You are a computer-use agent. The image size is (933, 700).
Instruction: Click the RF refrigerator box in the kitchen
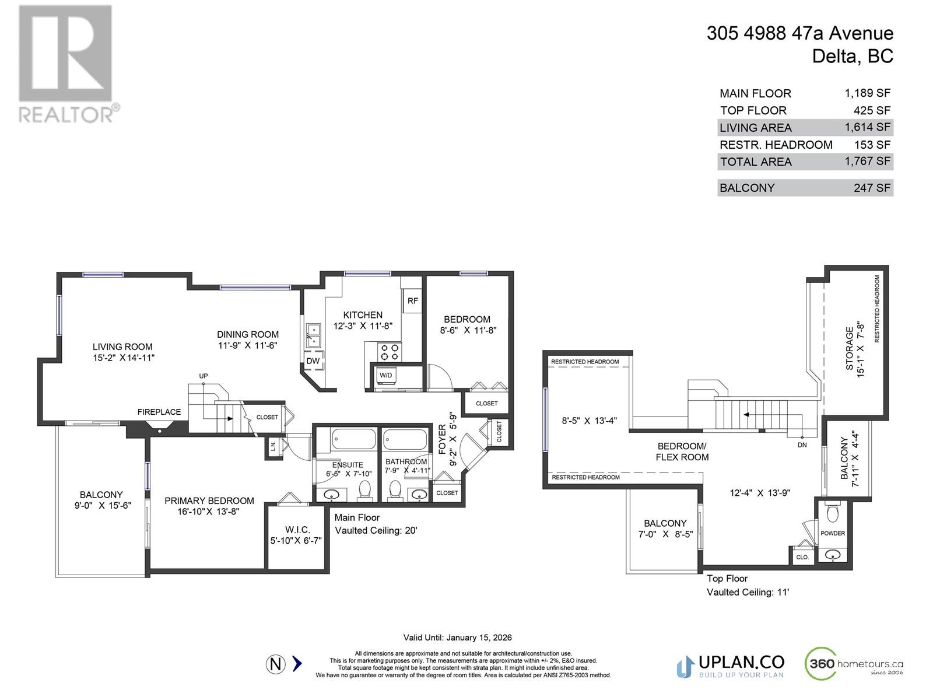coord(412,301)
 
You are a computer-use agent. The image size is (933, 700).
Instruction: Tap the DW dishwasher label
coord(313,360)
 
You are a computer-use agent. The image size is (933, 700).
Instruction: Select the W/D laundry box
coord(385,375)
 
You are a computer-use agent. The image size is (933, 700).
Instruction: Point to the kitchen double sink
coord(313,335)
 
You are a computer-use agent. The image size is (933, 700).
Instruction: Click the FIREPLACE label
coord(159,412)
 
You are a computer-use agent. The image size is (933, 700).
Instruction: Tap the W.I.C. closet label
coord(297,529)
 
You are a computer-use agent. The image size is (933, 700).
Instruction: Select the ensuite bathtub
coord(353,439)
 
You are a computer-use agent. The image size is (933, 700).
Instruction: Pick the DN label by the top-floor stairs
coord(802,444)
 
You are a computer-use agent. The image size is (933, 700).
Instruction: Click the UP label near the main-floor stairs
coord(204,376)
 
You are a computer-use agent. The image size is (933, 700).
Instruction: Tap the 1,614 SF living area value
coord(867,127)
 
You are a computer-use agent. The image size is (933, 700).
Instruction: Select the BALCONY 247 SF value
coord(872,188)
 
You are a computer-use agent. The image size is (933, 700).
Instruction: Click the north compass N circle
coord(276,664)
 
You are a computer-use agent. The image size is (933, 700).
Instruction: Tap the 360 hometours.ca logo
coord(854,664)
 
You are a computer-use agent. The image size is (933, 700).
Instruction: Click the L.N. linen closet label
coord(272,447)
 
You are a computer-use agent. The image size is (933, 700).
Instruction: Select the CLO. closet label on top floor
coord(802,557)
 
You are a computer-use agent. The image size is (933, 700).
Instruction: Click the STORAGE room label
coord(849,348)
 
